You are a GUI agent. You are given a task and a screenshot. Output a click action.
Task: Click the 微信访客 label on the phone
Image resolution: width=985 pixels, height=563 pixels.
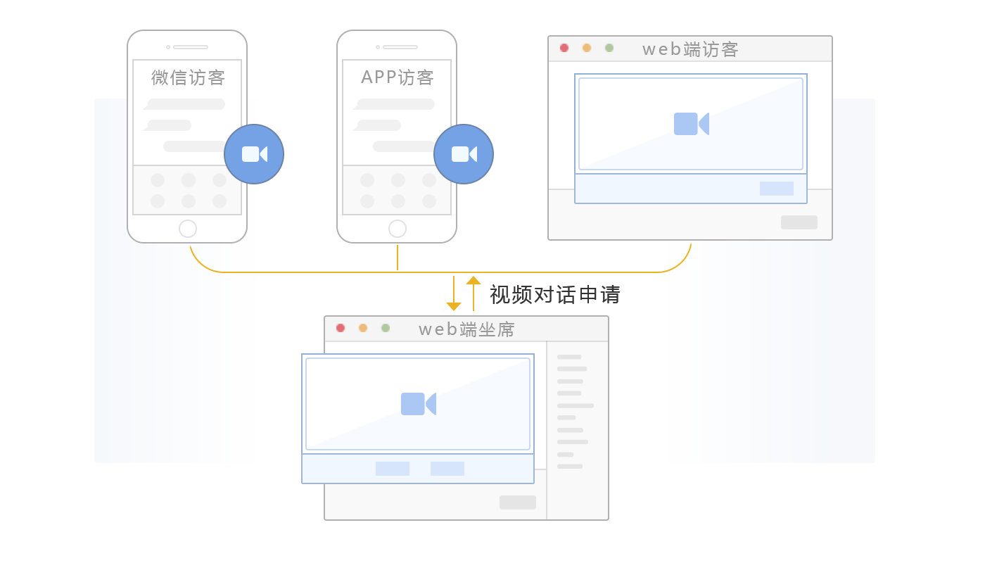tap(188, 77)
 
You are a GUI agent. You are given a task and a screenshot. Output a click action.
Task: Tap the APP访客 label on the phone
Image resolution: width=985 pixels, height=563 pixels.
tap(398, 77)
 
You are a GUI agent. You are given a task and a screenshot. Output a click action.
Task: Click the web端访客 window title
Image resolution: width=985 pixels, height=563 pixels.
tap(690, 49)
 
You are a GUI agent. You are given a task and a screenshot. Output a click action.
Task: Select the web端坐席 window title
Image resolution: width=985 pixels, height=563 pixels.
tap(466, 329)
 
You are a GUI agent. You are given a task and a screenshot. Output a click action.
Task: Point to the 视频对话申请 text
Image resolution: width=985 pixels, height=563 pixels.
tap(554, 294)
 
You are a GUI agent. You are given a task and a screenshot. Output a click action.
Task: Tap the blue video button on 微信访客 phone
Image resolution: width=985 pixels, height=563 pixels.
tap(254, 154)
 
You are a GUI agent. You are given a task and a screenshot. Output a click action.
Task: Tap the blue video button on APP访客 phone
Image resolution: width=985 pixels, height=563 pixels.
tap(464, 154)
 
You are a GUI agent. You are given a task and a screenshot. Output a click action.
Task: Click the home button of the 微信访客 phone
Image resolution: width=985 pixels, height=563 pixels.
tap(188, 229)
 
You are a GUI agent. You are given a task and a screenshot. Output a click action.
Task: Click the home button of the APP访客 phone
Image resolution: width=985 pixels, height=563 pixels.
tap(398, 229)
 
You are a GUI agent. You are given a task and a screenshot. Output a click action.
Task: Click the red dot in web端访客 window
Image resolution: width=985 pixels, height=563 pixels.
tap(564, 48)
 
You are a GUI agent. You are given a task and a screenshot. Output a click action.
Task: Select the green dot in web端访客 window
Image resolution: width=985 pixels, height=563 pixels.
tap(609, 48)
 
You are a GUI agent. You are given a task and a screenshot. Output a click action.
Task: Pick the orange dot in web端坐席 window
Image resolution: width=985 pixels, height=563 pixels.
tap(363, 328)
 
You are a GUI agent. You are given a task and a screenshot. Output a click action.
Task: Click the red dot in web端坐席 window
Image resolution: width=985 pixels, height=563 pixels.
tap(341, 328)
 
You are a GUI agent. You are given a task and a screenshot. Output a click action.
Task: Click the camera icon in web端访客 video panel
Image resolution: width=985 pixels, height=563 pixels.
tap(691, 124)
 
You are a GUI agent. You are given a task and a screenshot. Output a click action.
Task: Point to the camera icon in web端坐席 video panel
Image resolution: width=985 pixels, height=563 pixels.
tap(418, 404)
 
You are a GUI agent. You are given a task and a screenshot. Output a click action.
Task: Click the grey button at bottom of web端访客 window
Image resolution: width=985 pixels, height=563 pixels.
tap(799, 222)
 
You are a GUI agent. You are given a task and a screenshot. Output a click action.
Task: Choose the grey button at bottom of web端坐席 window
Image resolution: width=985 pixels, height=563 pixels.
tap(518, 502)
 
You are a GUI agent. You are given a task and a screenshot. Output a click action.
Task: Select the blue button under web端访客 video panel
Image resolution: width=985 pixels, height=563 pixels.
tap(777, 189)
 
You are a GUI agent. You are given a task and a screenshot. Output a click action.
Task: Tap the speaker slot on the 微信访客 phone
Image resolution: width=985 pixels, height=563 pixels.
tap(191, 47)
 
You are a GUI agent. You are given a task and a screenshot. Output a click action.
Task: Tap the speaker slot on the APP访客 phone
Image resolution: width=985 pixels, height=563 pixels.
tap(400, 47)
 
